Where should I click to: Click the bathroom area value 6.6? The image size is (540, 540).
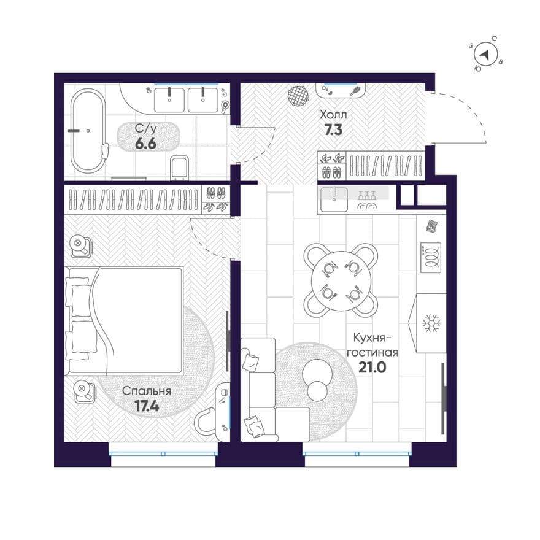click(x=145, y=144)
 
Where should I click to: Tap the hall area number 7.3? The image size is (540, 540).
click(x=333, y=130)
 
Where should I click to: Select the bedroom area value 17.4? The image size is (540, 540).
click(x=147, y=406)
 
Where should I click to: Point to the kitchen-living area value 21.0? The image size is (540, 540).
click(x=372, y=368)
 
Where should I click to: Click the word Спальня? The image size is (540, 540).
click(x=147, y=391)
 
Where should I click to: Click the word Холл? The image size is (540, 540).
click(x=333, y=114)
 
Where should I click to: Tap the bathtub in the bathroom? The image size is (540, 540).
click(x=88, y=131)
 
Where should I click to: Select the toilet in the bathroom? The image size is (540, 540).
click(x=180, y=168)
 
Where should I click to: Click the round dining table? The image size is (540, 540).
click(x=341, y=280)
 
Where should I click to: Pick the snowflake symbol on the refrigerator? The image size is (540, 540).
click(x=432, y=323)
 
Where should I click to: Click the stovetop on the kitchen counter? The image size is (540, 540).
click(x=431, y=258)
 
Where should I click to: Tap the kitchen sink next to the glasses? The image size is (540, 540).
click(x=334, y=199)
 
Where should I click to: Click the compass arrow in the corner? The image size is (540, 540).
click(x=485, y=55)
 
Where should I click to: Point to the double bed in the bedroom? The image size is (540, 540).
click(x=124, y=320)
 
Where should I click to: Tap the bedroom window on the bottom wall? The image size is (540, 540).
click(x=163, y=454)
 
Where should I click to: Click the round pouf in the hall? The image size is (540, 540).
click(x=298, y=95)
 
